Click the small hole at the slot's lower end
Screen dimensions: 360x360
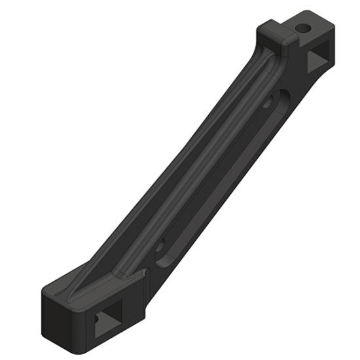click(x=160, y=247)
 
